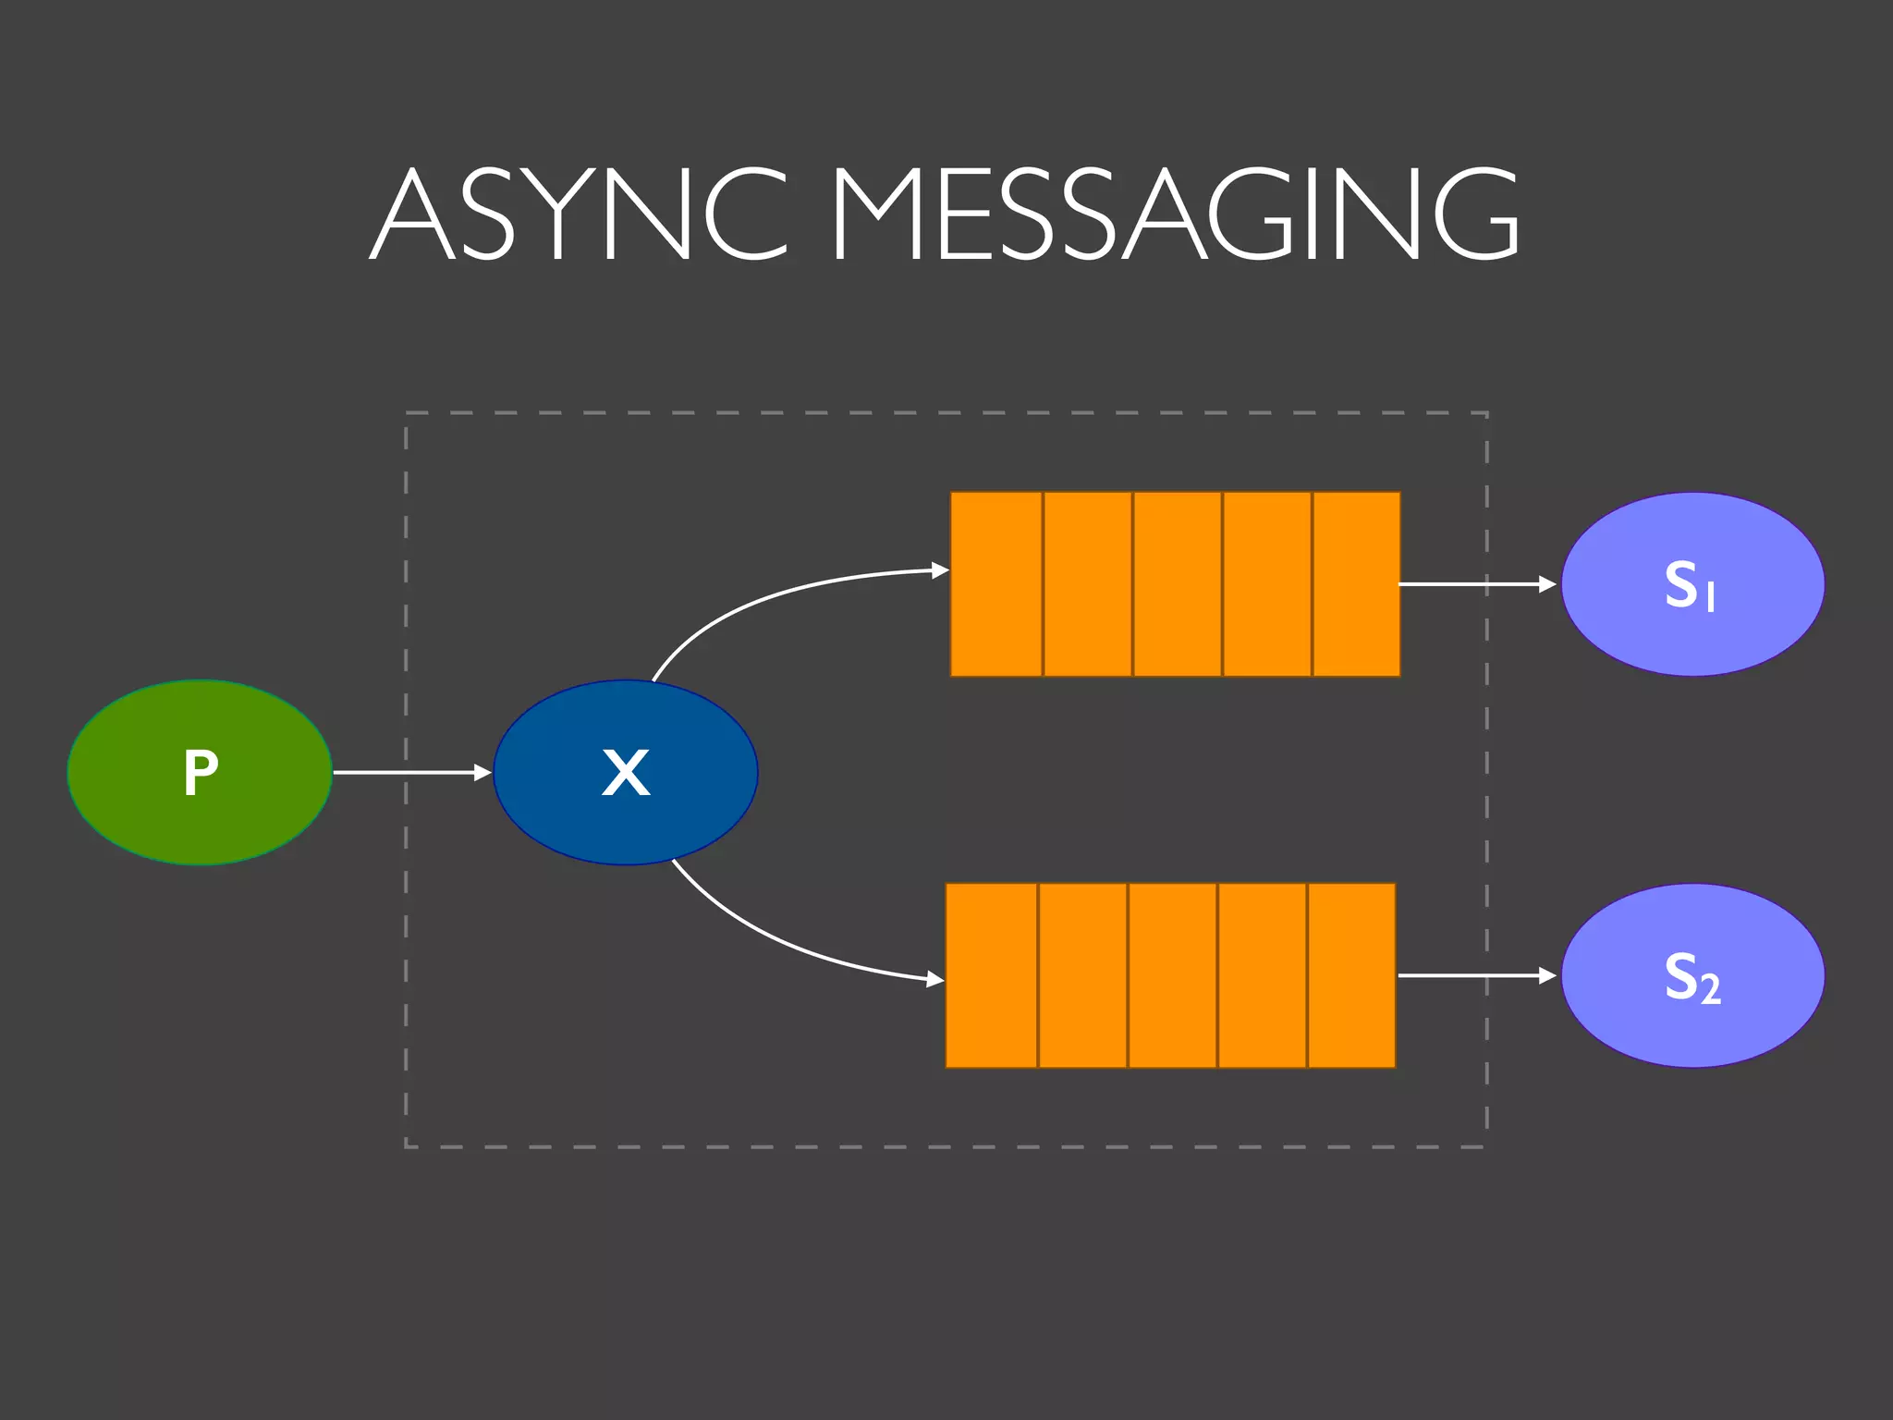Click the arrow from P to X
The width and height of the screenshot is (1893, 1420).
pos(411,772)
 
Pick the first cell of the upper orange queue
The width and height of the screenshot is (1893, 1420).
pos(996,584)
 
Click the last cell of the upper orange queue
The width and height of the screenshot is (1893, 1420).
pos(1356,584)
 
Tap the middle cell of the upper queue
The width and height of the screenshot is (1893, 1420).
pos(1177,584)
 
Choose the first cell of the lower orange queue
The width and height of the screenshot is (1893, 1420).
pos(992,975)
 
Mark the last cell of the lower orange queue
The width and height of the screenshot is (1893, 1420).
pos(1351,975)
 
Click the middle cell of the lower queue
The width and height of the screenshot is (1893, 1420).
pos(1172,975)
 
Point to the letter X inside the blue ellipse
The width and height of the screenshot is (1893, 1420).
pos(626,773)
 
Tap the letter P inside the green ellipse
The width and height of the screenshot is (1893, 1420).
pos(201,773)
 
